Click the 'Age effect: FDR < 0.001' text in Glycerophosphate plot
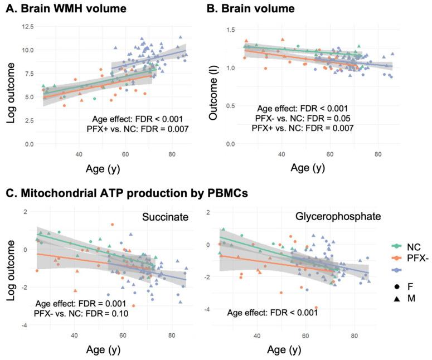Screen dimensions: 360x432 click(x=273, y=313)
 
